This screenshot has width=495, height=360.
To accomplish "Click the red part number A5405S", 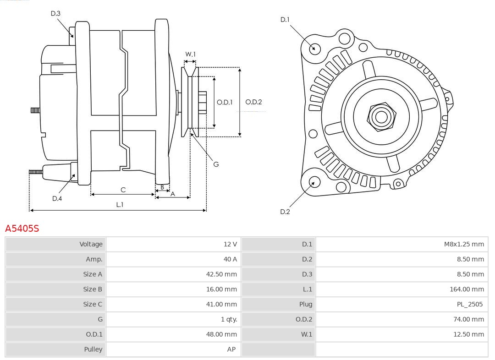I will tap(22, 229).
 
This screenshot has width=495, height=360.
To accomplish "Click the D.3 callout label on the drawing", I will tap(55, 14).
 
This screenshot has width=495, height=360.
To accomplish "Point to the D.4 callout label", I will tap(57, 198).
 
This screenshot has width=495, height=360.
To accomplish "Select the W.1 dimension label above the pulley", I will tap(190, 54).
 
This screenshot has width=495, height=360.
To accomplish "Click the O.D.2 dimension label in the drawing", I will tap(253, 102).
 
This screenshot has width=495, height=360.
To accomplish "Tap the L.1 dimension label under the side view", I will tap(119, 205).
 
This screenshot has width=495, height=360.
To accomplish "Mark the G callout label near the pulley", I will tap(216, 164).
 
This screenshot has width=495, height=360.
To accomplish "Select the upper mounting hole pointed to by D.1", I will tap(315, 48).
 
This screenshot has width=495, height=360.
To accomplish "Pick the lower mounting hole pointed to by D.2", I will tap(314, 183).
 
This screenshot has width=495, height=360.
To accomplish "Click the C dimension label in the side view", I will tap(123, 190).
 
